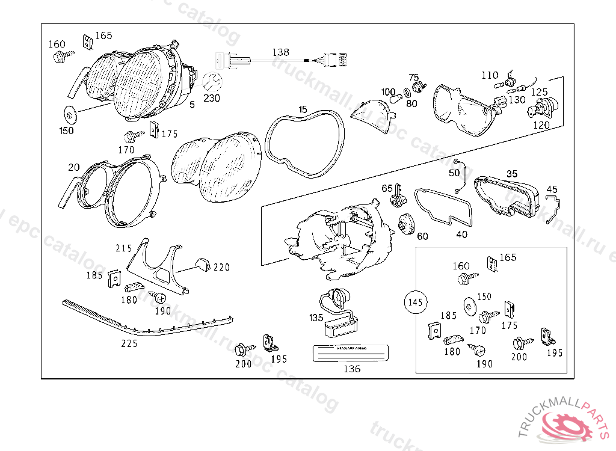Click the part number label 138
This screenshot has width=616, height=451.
tap(280, 52)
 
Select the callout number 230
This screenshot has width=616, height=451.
tap(212, 98)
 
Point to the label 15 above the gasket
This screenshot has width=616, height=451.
tap(302, 109)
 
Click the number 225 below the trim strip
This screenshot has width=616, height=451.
tap(129, 343)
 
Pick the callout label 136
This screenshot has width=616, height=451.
tap(351, 369)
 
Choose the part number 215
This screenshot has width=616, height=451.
tap(124, 248)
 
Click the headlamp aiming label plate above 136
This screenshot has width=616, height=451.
tap(352, 353)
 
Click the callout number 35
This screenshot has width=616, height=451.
tap(511, 174)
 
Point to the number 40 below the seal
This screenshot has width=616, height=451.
tap(461, 235)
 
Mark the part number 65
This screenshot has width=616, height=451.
tap(387, 188)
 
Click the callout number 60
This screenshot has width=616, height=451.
tap(422, 236)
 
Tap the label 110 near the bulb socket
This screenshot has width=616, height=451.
tap(490, 75)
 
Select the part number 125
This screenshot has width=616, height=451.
tap(539, 92)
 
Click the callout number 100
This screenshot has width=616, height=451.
tap(389, 92)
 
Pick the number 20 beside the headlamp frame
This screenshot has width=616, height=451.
tap(73, 167)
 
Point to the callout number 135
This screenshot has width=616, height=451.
tap(316, 318)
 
